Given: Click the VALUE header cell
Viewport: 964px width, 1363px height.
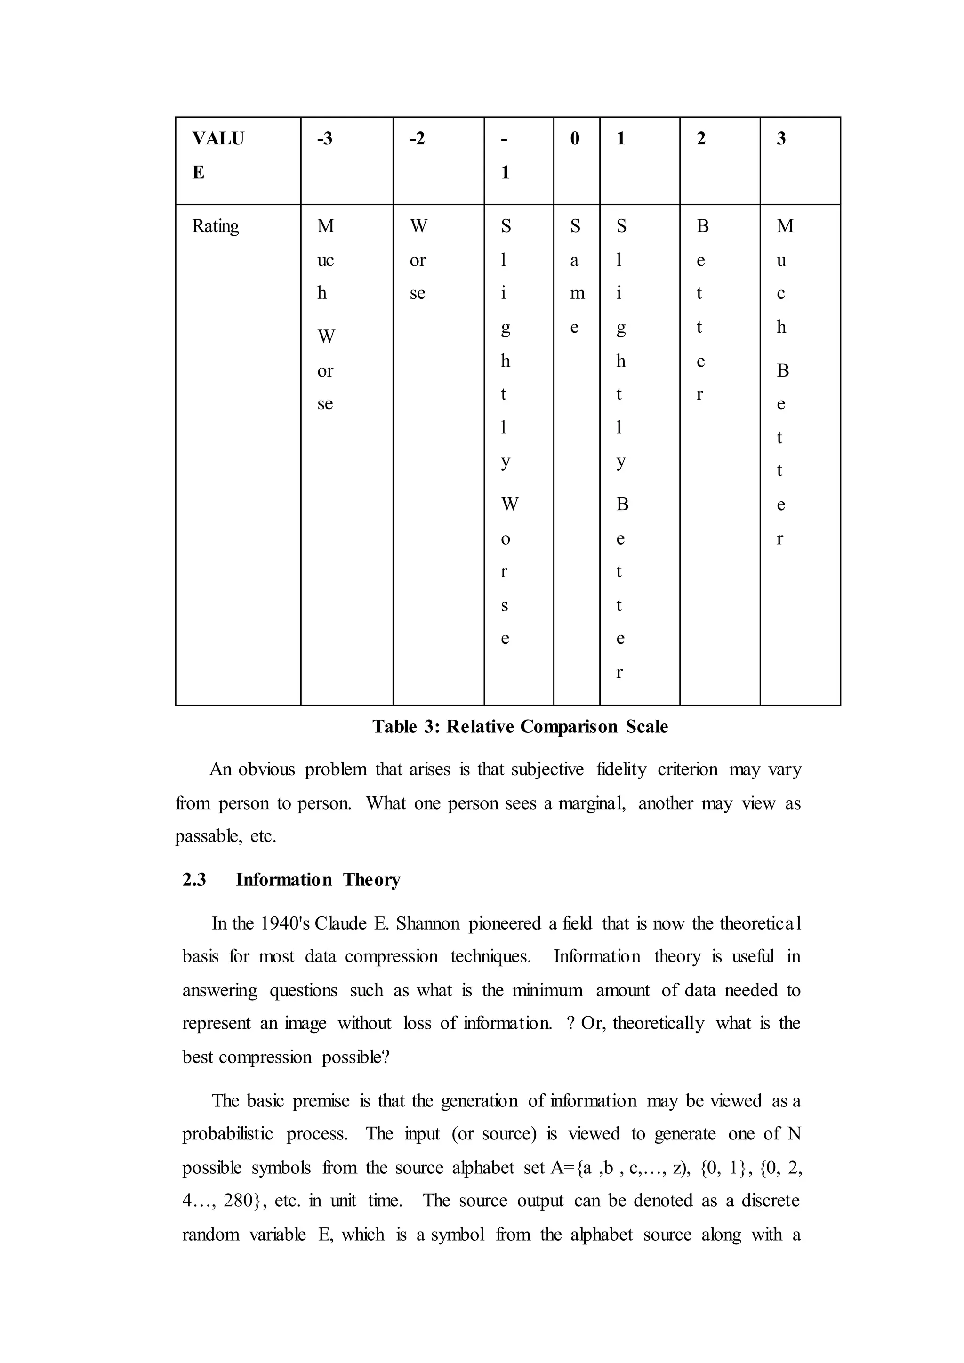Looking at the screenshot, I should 217,155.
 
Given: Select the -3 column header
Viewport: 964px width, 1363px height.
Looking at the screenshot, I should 325,139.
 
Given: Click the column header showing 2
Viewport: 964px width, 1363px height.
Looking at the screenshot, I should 700,139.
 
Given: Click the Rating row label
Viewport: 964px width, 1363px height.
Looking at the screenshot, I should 215,226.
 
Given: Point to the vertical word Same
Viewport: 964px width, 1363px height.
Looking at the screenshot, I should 575,276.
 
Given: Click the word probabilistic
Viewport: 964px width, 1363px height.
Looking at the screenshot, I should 227,1134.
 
